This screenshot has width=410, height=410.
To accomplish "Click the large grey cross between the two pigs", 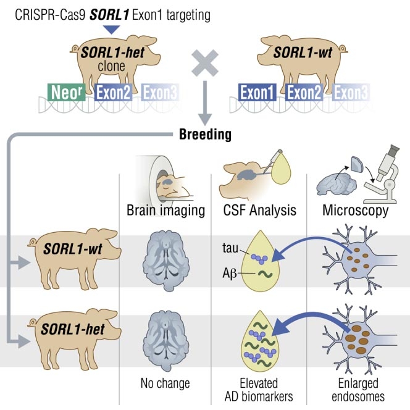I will click(x=206, y=66).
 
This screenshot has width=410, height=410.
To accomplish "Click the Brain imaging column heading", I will click(x=165, y=211).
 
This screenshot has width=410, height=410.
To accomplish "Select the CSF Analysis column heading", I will click(x=260, y=211).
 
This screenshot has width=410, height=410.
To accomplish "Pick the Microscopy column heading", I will click(x=356, y=211).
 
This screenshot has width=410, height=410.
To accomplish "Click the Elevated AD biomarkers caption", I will click(x=260, y=389).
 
